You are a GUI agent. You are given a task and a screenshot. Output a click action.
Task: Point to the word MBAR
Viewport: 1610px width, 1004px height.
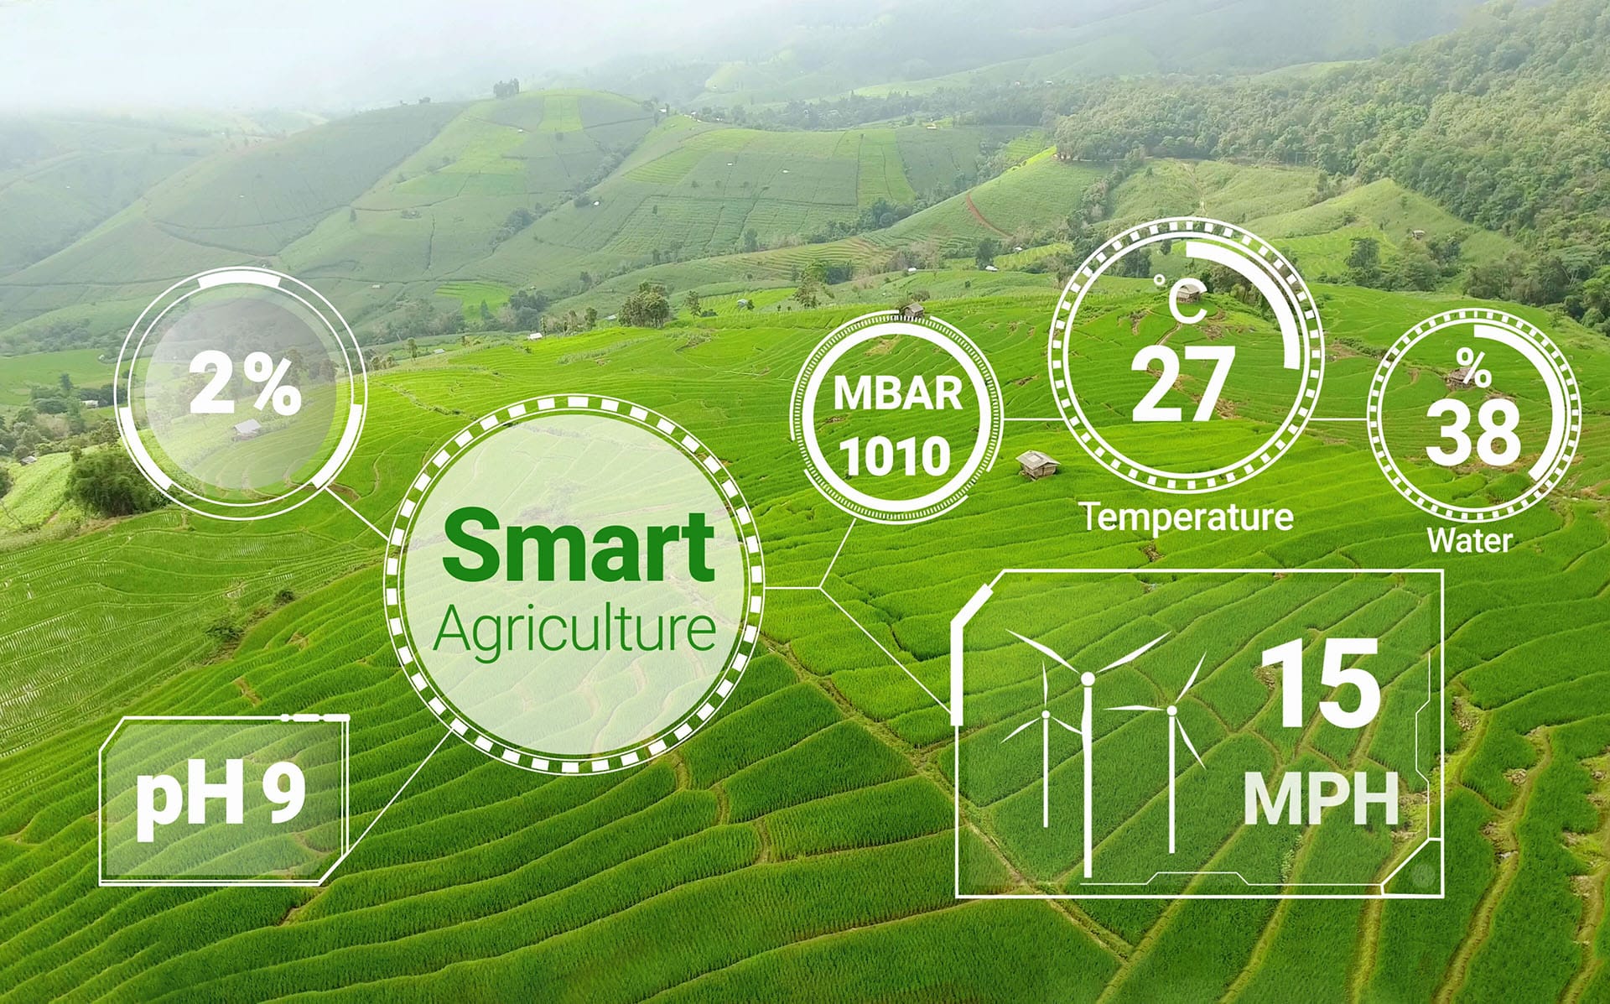coord(898,394)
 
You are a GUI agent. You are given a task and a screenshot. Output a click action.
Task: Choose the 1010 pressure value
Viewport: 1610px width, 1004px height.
coord(896,457)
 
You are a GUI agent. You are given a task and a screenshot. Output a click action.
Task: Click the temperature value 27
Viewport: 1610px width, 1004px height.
coord(1183,384)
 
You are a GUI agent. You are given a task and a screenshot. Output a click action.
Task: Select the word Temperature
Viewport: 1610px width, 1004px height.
coord(1187,516)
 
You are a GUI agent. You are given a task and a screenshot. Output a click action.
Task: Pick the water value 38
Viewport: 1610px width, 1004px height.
coord(1472,433)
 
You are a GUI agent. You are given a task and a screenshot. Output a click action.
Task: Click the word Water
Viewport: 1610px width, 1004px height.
coord(1470,539)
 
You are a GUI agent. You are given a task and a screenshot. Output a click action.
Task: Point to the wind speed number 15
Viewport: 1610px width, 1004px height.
coord(1320,683)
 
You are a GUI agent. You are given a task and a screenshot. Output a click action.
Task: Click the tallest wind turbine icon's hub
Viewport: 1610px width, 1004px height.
coord(1088,677)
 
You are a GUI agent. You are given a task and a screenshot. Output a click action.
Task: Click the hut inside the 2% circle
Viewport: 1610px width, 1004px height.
coord(247,429)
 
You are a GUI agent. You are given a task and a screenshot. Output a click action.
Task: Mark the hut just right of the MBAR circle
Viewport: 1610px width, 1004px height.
coord(1034,463)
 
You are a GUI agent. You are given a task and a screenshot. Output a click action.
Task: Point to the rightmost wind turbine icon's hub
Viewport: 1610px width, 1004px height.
coord(1171,710)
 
